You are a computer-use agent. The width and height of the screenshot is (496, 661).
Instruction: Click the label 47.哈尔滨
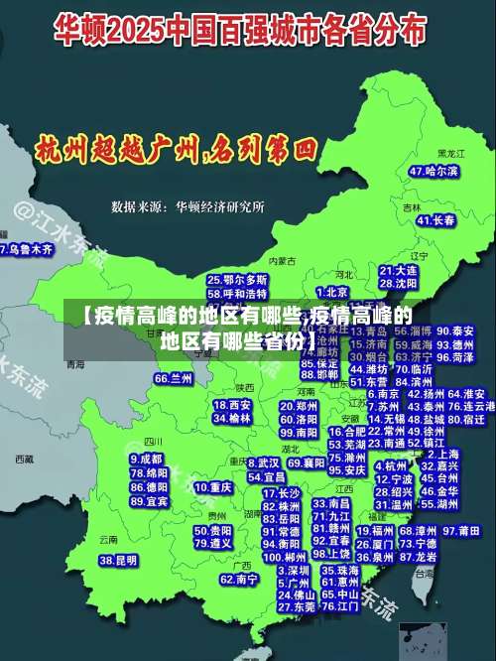tap(434, 172)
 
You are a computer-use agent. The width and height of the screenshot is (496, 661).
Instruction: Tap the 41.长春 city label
tap(432, 220)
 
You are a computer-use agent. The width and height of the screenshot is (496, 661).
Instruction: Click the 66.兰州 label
tap(174, 378)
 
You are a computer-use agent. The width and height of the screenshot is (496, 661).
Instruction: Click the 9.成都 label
tap(147, 460)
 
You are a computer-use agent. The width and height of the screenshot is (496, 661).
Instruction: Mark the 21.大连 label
tap(398, 270)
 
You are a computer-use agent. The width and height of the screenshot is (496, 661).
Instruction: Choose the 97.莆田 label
tap(458, 531)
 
